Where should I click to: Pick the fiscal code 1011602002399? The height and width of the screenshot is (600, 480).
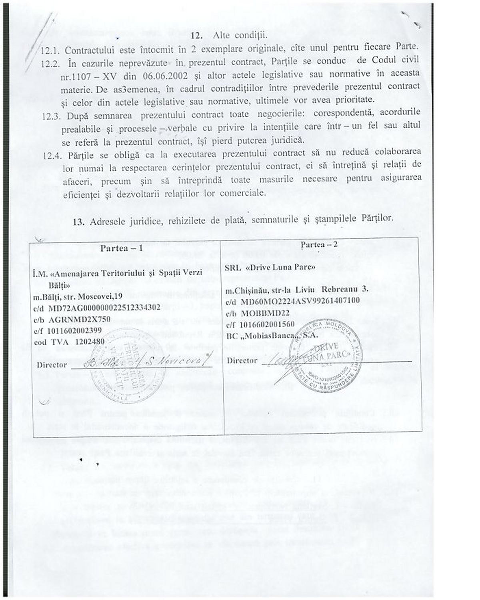pos(74,330)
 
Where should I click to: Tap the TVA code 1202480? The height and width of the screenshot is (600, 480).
pos(86,342)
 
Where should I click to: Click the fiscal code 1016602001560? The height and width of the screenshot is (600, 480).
pos(268,324)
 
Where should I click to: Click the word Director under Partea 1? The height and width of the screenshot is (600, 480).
pos(52,365)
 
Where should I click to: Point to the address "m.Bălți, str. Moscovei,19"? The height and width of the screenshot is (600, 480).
pos(78,297)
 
